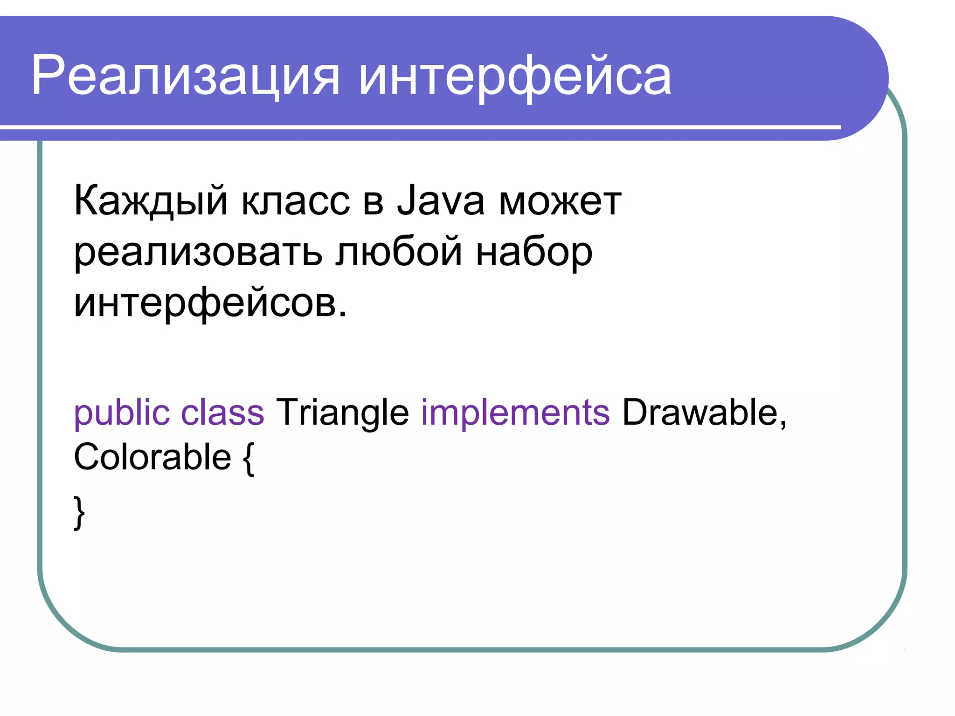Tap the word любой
[399, 252]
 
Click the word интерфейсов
[210, 303]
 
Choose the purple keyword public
[122, 413]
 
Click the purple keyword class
[222, 413]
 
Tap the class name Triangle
[342, 413]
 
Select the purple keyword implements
[515, 413]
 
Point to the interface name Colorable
[152, 457]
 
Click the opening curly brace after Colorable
[249, 459]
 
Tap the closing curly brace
[79, 512]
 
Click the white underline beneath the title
[420, 127]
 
